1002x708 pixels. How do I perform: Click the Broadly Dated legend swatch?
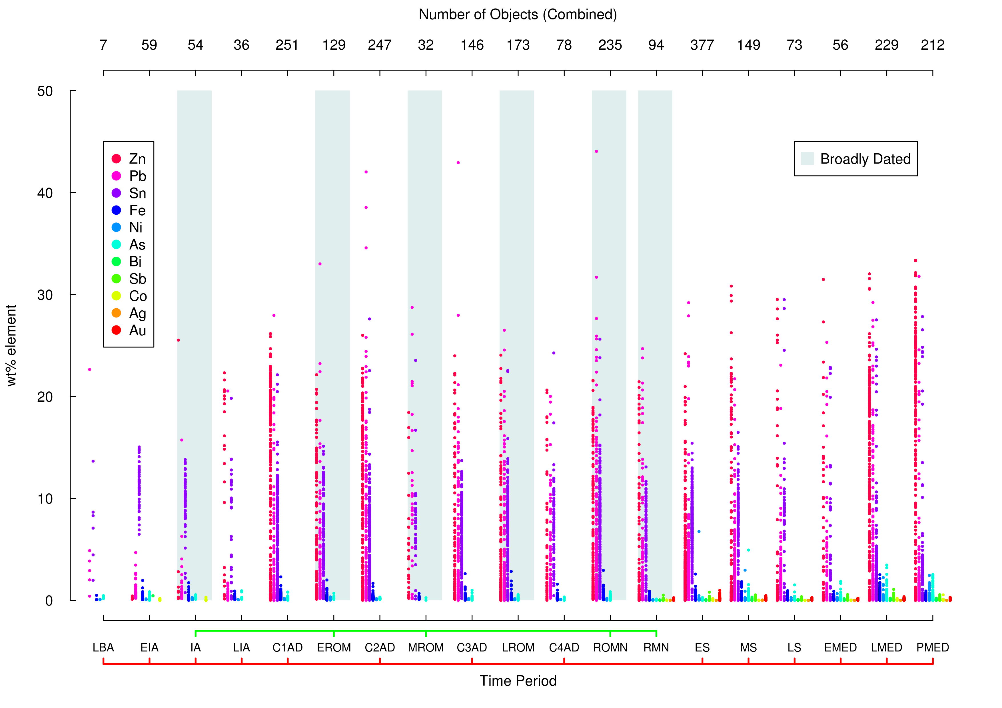807,159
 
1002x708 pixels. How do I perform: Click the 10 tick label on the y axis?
45,499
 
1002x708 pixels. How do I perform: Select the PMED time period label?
932,647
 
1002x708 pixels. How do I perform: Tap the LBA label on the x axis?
103,647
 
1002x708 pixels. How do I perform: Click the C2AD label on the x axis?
380,647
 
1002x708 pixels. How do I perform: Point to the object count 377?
702,45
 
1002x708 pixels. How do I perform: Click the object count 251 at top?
287,45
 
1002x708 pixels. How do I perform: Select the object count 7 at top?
103,45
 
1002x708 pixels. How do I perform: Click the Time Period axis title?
518,681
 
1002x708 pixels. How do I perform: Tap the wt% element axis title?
11,345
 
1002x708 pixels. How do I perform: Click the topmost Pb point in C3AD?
458,163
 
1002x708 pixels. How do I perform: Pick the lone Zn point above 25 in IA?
178,340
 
